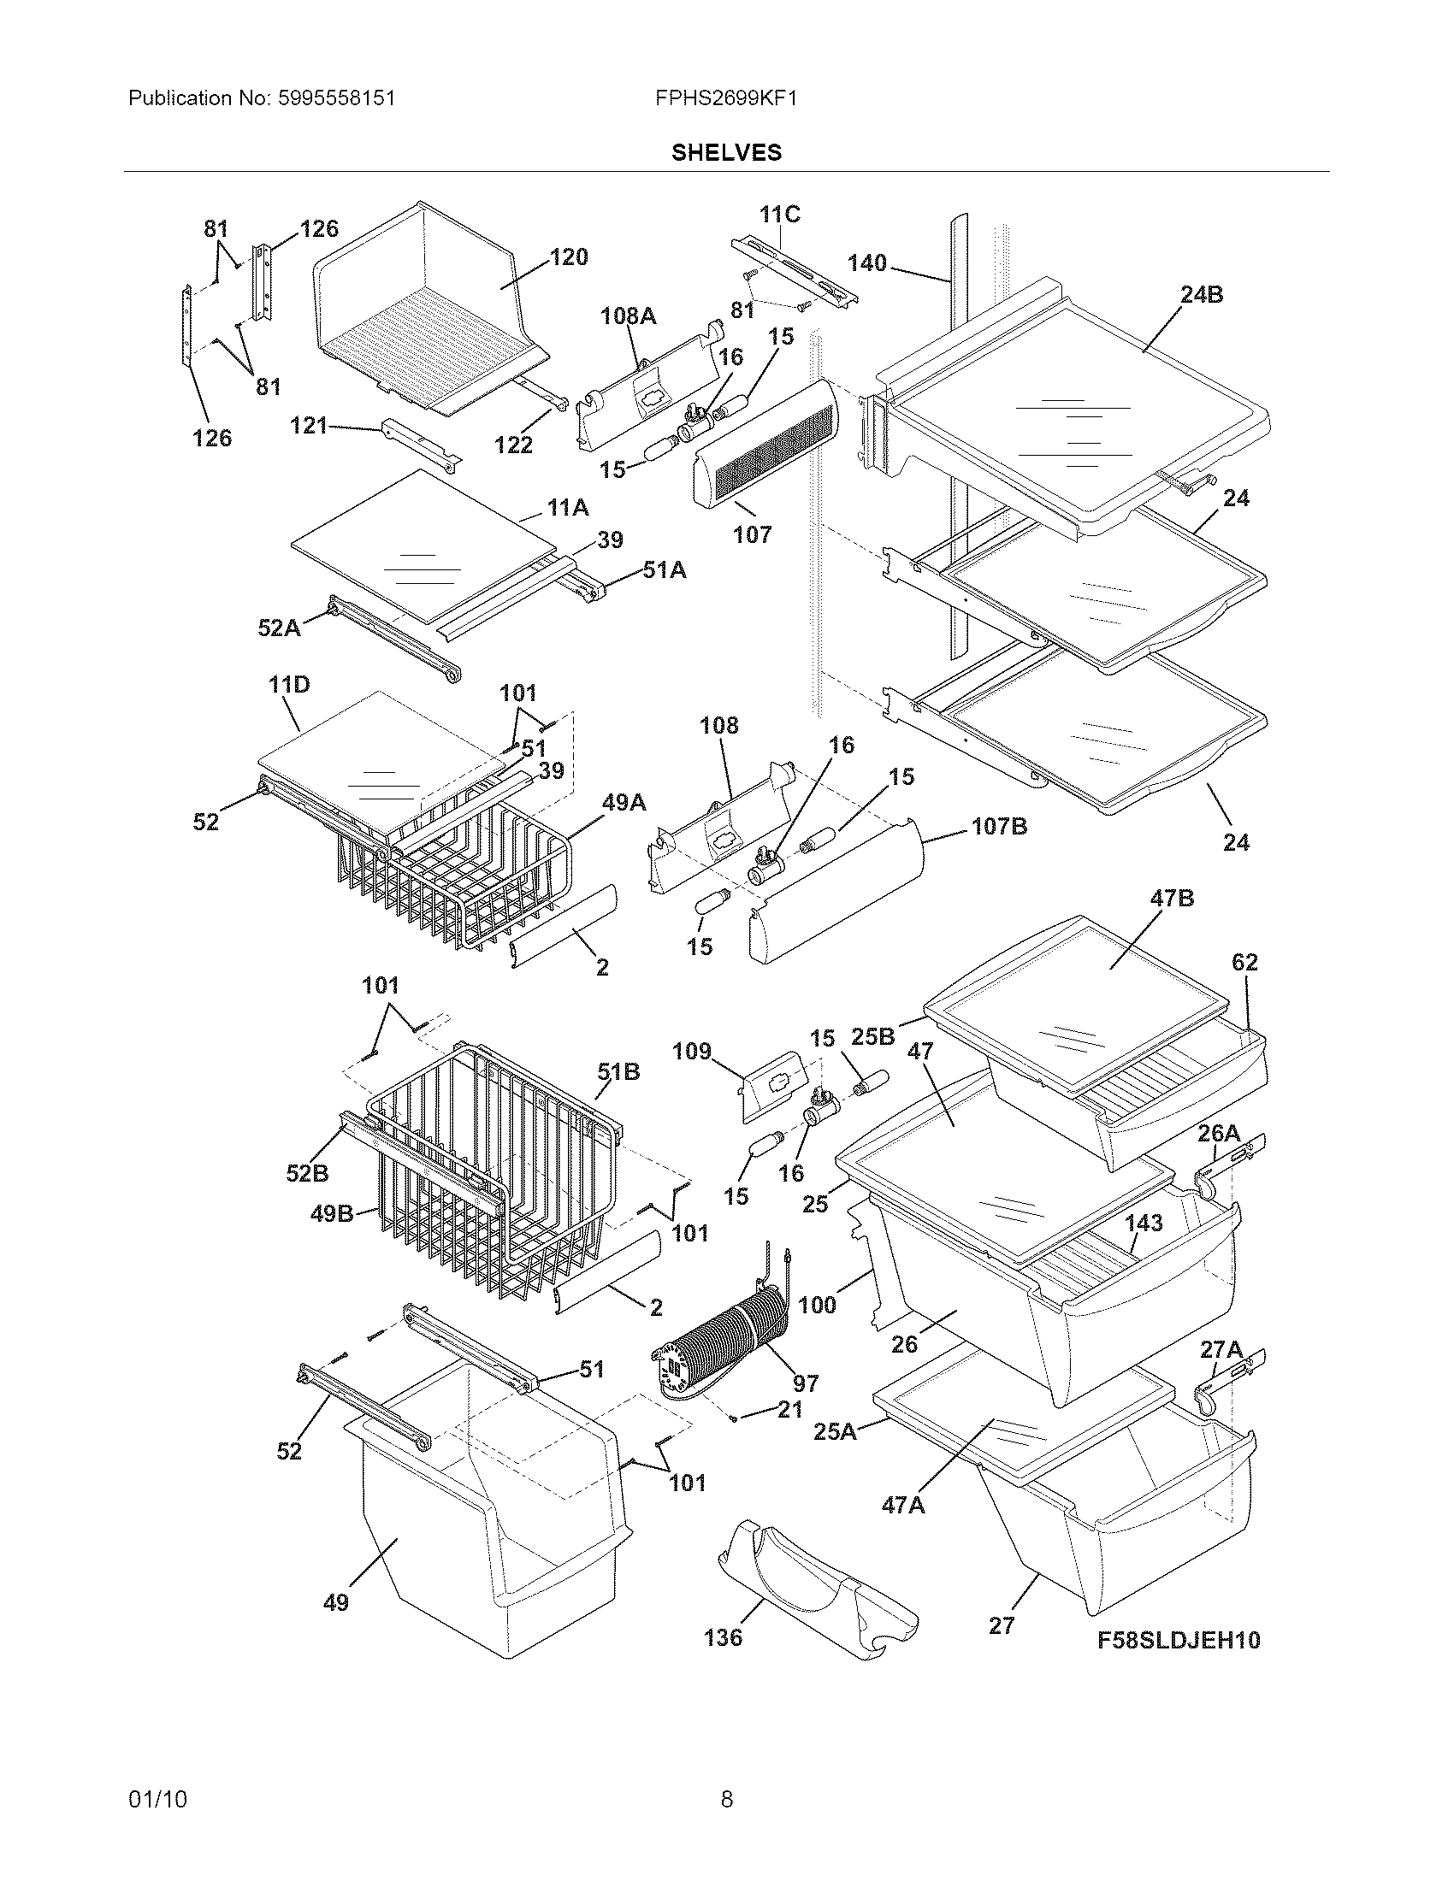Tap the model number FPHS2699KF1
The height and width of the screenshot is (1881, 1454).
726,98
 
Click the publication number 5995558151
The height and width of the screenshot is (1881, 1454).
337,98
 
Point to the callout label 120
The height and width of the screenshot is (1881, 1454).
569,256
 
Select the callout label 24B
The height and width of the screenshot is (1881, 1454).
1202,295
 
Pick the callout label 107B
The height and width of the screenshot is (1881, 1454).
999,827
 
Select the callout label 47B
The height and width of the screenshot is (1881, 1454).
1173,899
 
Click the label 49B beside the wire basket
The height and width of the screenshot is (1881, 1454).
332,1213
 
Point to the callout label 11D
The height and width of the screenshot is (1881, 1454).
288,685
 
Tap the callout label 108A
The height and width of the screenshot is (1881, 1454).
628,316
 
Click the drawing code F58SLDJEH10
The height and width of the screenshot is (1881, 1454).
1179,1640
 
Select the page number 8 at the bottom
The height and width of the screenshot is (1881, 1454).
726,1799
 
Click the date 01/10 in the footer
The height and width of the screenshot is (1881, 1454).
157,1799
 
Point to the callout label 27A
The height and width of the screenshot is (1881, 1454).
1221,1349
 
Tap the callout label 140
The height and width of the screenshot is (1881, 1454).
866,262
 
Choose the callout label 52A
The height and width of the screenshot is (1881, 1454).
279,628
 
